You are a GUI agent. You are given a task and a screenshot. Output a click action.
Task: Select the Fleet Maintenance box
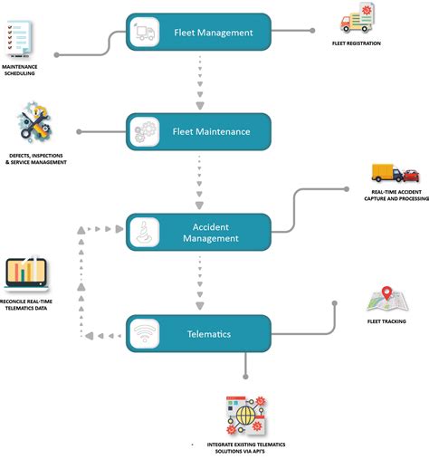click(199, 131)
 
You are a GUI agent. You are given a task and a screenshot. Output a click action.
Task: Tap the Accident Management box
click(199, 233)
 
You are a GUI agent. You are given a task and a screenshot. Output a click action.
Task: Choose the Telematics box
click(199, 334)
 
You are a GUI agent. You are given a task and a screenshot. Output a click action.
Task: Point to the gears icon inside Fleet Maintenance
click(145, 131)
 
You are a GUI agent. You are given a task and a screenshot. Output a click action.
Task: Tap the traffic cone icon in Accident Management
click(145, 233)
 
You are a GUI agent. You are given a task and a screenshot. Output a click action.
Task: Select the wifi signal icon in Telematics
click(145, 334)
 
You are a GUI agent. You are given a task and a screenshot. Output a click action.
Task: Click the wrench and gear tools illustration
click(35, 128)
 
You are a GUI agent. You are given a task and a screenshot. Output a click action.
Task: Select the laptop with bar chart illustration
click(25, 274)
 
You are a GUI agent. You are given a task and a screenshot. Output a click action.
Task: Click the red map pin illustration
click(386, 299)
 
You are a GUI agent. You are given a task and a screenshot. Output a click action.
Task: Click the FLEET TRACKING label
click(386, 321)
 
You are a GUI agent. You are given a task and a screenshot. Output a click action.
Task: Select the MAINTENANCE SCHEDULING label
click(19, 70)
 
